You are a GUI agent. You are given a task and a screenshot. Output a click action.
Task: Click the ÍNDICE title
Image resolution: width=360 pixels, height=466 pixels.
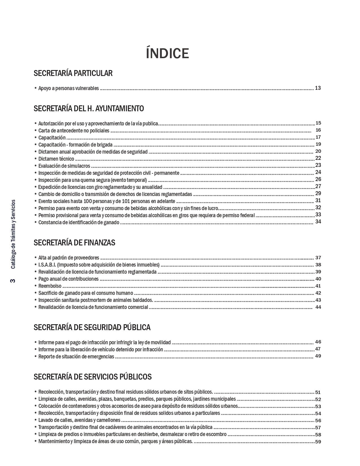(x=167, y=53)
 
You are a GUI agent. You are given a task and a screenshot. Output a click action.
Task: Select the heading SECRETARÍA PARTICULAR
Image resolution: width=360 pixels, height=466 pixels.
(x=73, y=73)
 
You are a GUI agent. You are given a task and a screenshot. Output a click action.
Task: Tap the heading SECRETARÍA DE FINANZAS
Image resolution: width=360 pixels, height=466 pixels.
(x=74, y=243)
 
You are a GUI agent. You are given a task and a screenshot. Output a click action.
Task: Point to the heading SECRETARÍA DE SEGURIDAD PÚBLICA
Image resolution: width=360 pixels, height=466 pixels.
(x=92, y=327)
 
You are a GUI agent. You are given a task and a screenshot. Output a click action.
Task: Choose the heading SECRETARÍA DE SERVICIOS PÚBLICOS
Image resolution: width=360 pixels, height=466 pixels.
(x=92, y=377)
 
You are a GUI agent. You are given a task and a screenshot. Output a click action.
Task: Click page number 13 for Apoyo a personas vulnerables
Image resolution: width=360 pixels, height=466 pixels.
(x=318, y=88)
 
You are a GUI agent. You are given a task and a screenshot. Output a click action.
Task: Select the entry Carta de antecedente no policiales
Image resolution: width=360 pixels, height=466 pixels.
(x=74, y=130)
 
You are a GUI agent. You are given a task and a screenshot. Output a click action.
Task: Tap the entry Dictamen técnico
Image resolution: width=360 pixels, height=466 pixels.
(x=56, y=159)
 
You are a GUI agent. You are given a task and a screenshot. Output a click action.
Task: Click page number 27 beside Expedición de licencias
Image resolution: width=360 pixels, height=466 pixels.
(x=318, y=186)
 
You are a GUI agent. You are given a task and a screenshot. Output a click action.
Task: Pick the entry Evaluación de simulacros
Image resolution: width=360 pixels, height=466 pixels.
(x=64, y=166)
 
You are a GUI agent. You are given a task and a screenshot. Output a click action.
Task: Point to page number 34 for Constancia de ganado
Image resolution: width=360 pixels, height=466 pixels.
(x=318, y=222)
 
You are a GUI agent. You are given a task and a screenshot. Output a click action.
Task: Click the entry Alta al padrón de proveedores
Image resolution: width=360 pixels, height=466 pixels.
(x=69, y=258)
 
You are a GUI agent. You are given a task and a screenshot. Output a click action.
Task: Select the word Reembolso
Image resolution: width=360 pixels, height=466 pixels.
(x=50, y=286)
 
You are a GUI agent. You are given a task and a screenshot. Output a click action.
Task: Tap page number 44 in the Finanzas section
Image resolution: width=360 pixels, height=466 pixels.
(x=318, y=307)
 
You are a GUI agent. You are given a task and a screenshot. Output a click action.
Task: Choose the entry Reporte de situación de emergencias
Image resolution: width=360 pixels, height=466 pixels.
(x=76, y=356)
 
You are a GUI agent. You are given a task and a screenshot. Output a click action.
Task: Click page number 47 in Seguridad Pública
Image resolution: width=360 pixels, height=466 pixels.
(x=318, y=349)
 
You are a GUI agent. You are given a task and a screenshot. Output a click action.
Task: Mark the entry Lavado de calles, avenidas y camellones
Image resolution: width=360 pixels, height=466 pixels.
(x=79, y=420)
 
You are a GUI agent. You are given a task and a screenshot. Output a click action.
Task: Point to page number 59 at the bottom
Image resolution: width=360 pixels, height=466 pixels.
(x=318, y=442)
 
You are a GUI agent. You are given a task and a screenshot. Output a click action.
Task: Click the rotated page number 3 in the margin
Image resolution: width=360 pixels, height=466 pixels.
(x=13, y=281)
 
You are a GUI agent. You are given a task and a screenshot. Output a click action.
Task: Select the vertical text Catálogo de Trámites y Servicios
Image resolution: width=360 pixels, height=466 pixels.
(x=13, y=234)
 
